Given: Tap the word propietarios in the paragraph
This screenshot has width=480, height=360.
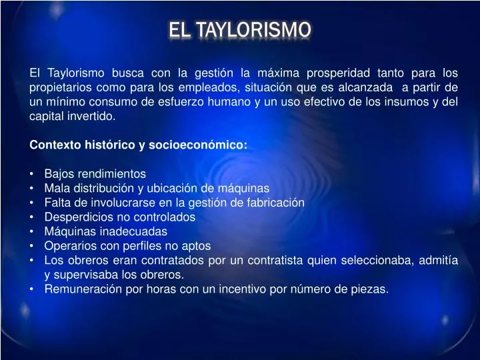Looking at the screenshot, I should [x=59, y=87].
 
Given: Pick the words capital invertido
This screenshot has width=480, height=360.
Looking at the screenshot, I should [x=72, y=116].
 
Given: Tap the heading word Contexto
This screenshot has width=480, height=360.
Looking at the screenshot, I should [x=53, y=145].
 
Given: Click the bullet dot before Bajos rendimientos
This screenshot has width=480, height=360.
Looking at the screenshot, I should [x=32, y=174].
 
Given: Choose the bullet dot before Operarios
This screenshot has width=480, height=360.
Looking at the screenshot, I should [x=32, y=246].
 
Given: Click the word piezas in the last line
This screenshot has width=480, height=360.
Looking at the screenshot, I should [x=371, y=289].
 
